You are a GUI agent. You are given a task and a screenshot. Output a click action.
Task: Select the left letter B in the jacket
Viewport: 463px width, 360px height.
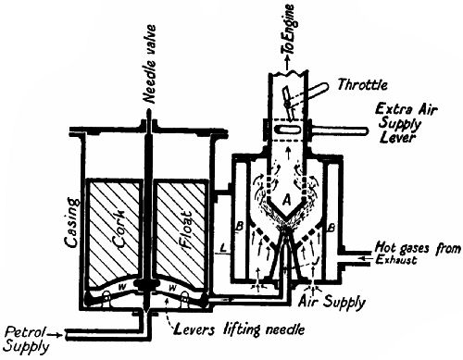[x=239, y=225]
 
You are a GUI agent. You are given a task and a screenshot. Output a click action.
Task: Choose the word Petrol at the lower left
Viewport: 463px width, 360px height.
[x=21, y=329]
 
